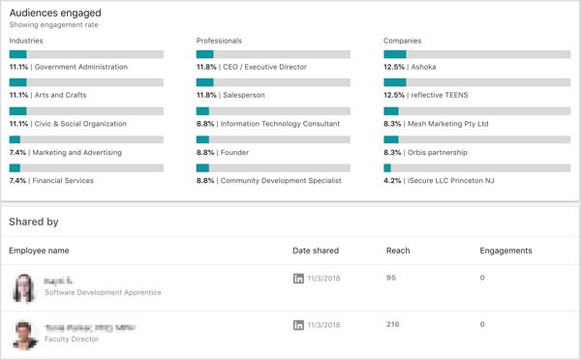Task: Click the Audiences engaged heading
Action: [55, 13]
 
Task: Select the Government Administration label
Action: [80, 67]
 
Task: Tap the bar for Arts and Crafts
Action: [86, 82]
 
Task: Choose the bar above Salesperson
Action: [273, 82]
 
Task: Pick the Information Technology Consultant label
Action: [280, 124]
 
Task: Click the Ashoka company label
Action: [423, 67]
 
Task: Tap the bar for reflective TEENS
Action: [460, 82]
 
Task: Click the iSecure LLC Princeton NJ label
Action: [452, 181]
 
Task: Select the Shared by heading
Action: [34, 222]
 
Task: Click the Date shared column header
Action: [316, 251]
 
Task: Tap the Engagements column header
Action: [505, 251]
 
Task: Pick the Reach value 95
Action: [391, 278]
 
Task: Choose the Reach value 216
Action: [393, 324]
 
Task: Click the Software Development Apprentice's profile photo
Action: [24, 286]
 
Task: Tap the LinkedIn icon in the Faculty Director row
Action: [298, 325]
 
